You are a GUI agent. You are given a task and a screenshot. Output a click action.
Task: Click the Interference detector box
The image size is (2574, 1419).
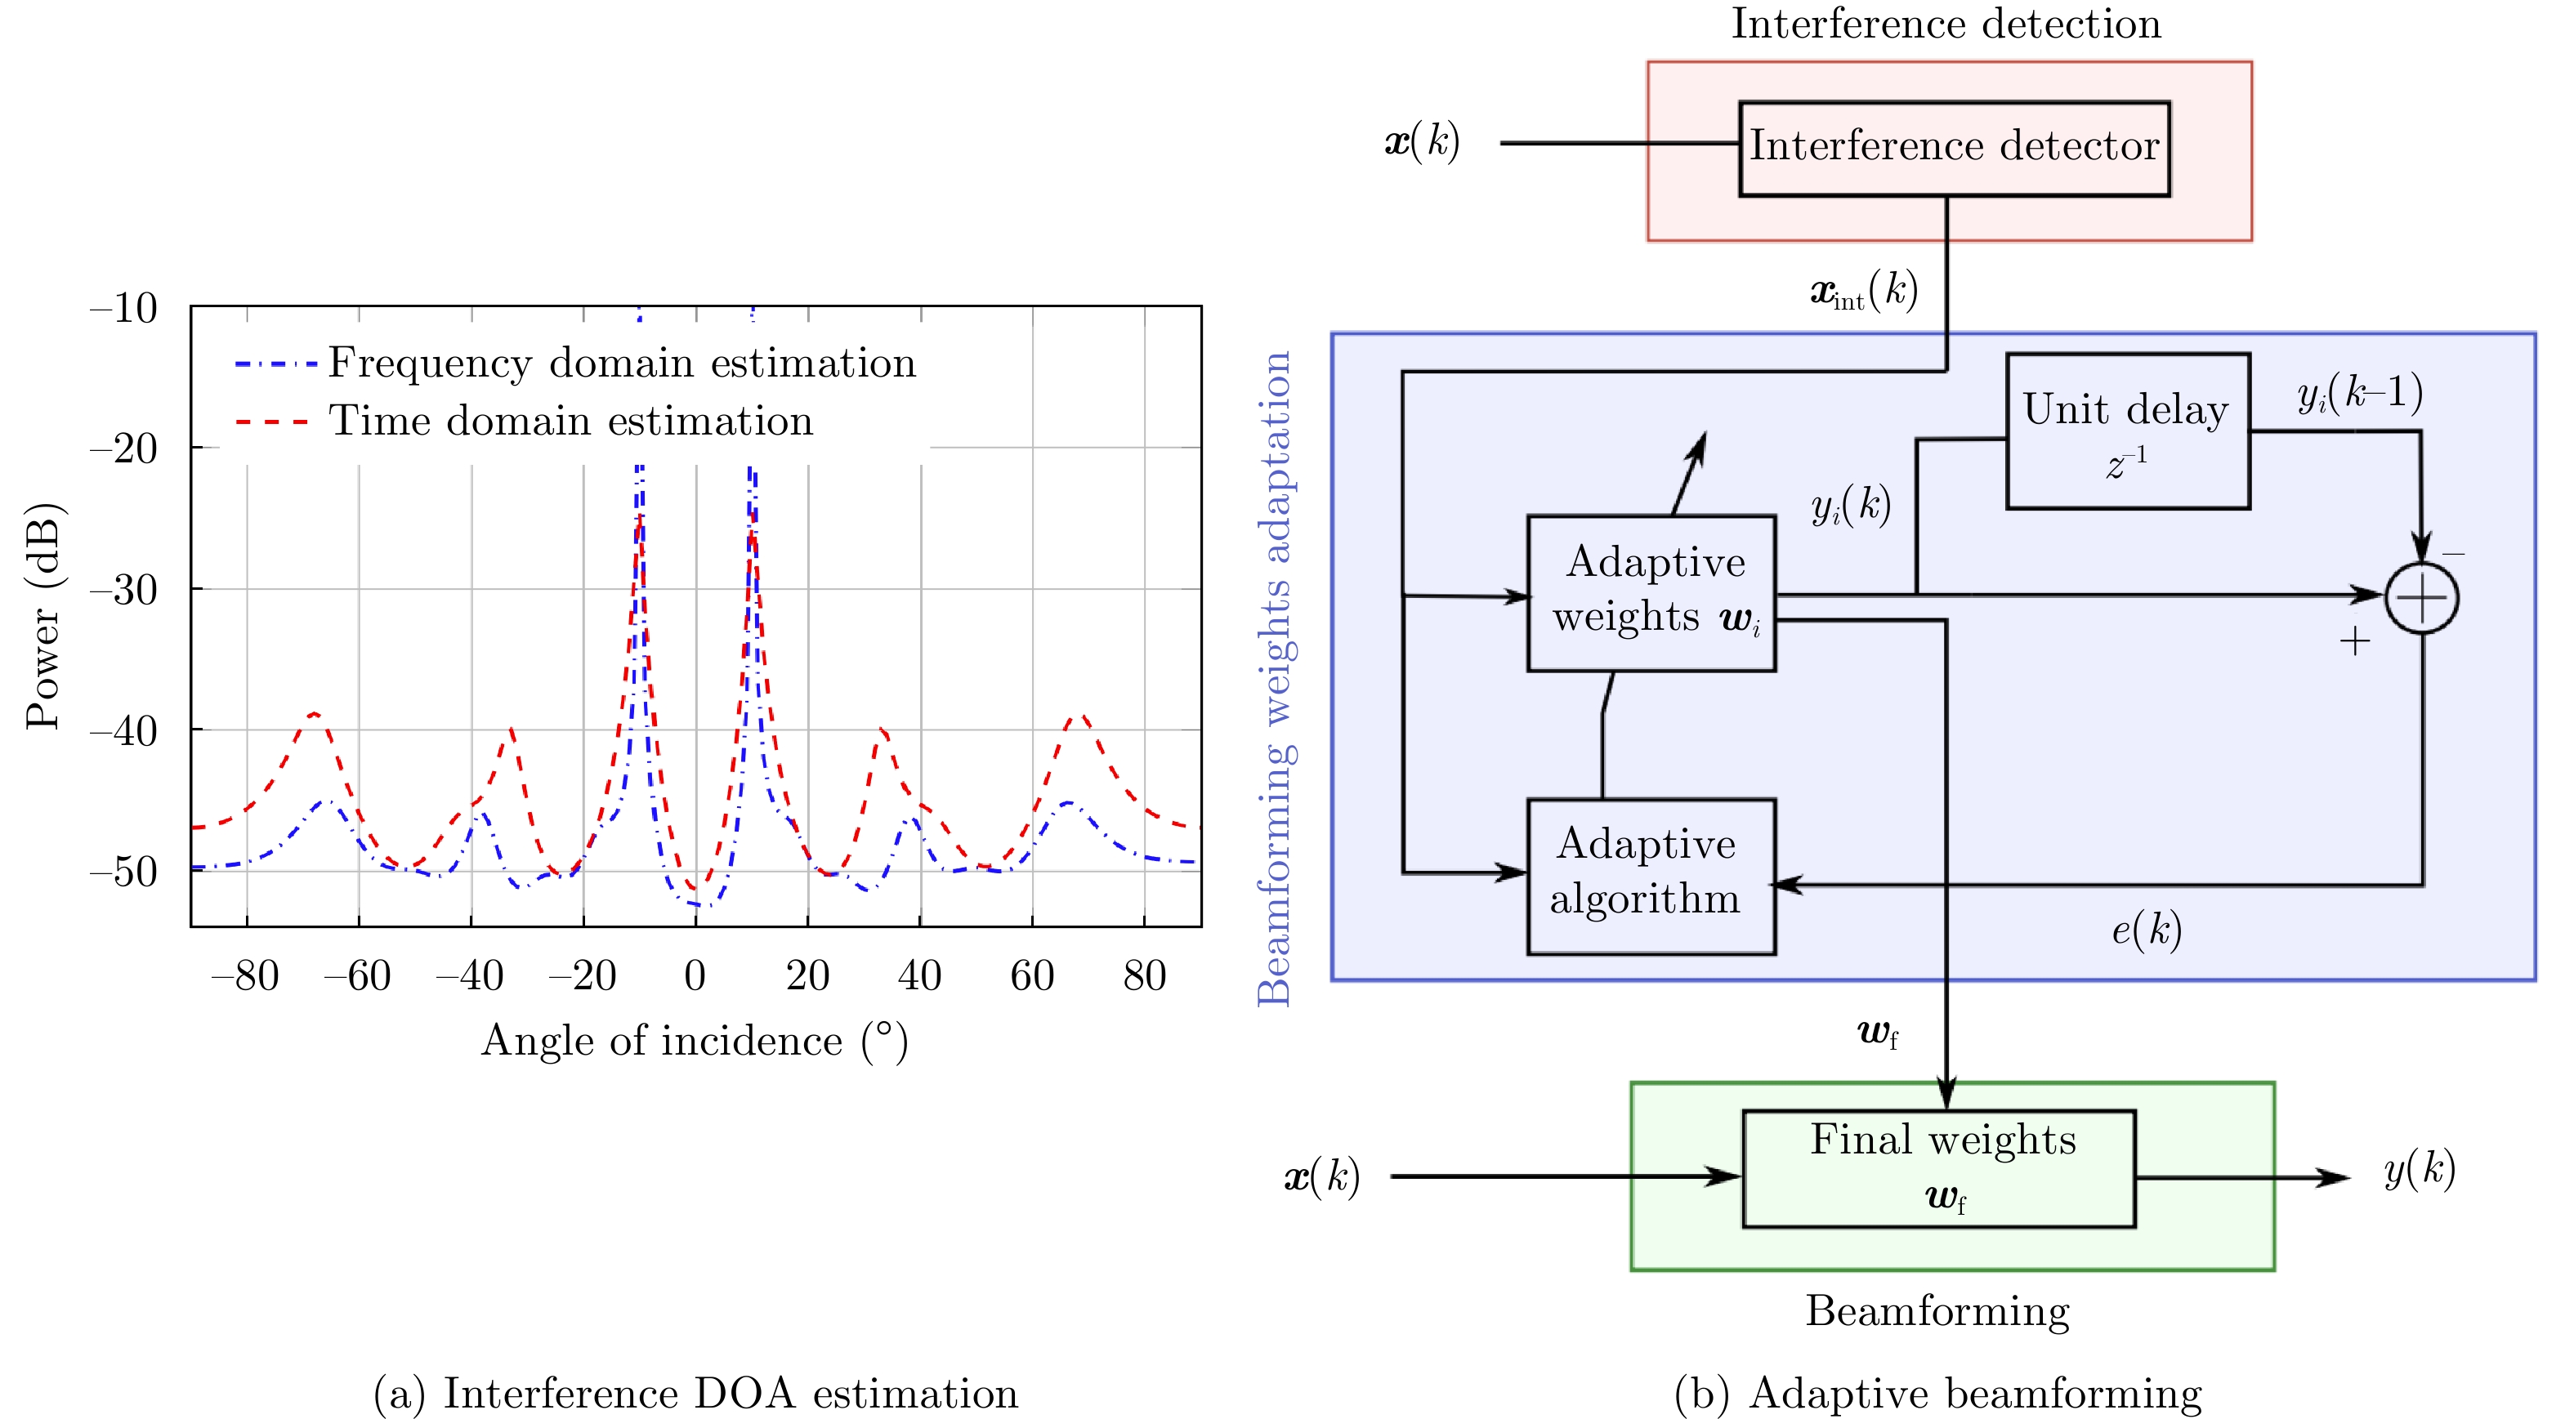point(1954,148)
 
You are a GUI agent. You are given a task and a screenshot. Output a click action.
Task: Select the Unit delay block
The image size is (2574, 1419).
point(2127,431)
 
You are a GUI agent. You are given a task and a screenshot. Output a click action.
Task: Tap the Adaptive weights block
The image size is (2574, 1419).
point(1651,592)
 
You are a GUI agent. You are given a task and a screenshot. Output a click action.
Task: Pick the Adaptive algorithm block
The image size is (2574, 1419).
point(1651,876)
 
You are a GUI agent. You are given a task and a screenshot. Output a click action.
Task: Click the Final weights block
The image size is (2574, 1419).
point(1938,1168)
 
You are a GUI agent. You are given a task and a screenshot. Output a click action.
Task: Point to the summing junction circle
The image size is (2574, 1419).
point(2421,597)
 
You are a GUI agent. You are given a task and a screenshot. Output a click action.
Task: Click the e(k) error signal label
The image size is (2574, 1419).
point(2145,930)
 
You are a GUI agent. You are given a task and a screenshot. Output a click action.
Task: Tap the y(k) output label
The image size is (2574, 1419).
point(2419,1168)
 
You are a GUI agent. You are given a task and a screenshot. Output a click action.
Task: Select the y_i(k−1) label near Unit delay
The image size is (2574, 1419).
point(2359,394)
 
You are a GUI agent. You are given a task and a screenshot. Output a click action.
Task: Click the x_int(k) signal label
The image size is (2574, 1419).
point(1864,292)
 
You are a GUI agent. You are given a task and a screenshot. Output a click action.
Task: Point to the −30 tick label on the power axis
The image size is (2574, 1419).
point(124,590)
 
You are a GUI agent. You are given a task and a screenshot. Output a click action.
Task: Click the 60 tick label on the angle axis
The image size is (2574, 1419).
point(1032,975)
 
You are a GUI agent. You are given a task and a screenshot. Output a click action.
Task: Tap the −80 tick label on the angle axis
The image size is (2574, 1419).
point(246,975)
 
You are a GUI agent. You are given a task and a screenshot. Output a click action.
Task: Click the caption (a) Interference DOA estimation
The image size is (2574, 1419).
point(695,1393)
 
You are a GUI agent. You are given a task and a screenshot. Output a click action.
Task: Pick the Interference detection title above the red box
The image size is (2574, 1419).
point(1946,23)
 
